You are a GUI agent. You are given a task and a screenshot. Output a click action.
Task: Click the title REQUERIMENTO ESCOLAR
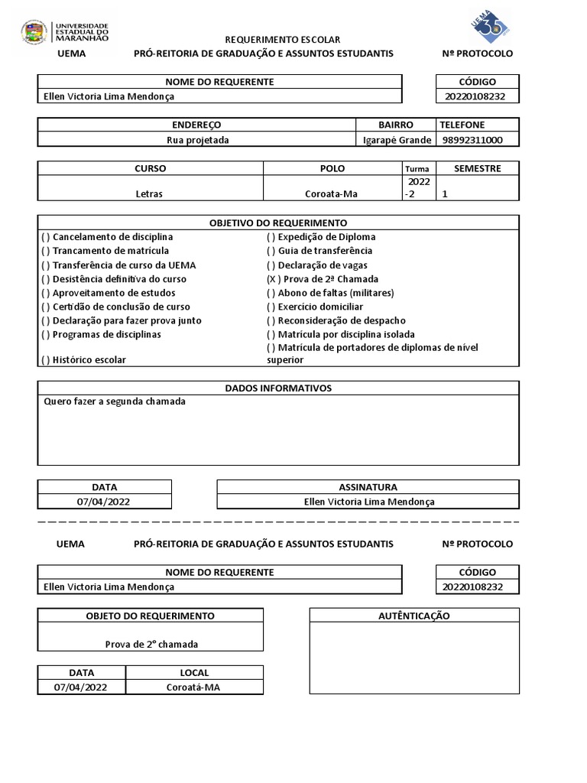pyautogui.click(x=282, y=40)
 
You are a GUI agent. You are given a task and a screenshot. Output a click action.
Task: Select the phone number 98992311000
pyautogui.click(x=472, y=140)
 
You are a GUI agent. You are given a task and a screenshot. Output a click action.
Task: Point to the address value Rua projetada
pyautogui.click(x=197, y=140)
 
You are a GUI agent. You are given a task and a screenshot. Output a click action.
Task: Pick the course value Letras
pyautogui.click(x=150, y=194)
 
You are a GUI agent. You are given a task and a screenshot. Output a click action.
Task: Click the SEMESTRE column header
pyautogui.click(x=477, y=168)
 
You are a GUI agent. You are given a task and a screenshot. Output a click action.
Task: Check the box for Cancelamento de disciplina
pyautogui.click(x=46, y=237)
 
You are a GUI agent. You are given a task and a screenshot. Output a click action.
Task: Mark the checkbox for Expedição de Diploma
pyautogui.click(x=271, y=237)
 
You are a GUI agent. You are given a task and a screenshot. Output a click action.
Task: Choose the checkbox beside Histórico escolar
pyautogui.click(x=46, y=359)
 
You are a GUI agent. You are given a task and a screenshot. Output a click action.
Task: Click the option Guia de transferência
pyautogui.click(x=325, y=251)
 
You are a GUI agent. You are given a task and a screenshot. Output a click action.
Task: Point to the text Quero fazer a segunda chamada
pyautogui.click(x=115, y=401)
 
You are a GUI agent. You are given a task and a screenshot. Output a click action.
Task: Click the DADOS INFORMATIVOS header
pyautogui.click(x=278, y=388)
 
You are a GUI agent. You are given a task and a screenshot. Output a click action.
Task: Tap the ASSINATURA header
pyautogui.click(x=368, y=487)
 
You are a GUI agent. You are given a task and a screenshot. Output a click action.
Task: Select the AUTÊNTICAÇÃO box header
pyautogui.click(x=413, y=616)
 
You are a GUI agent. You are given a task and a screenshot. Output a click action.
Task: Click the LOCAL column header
pyautogui.click(x=193, y=673)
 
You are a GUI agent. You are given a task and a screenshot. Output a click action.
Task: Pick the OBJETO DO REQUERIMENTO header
pyautogui.click(x=150, y=616)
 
